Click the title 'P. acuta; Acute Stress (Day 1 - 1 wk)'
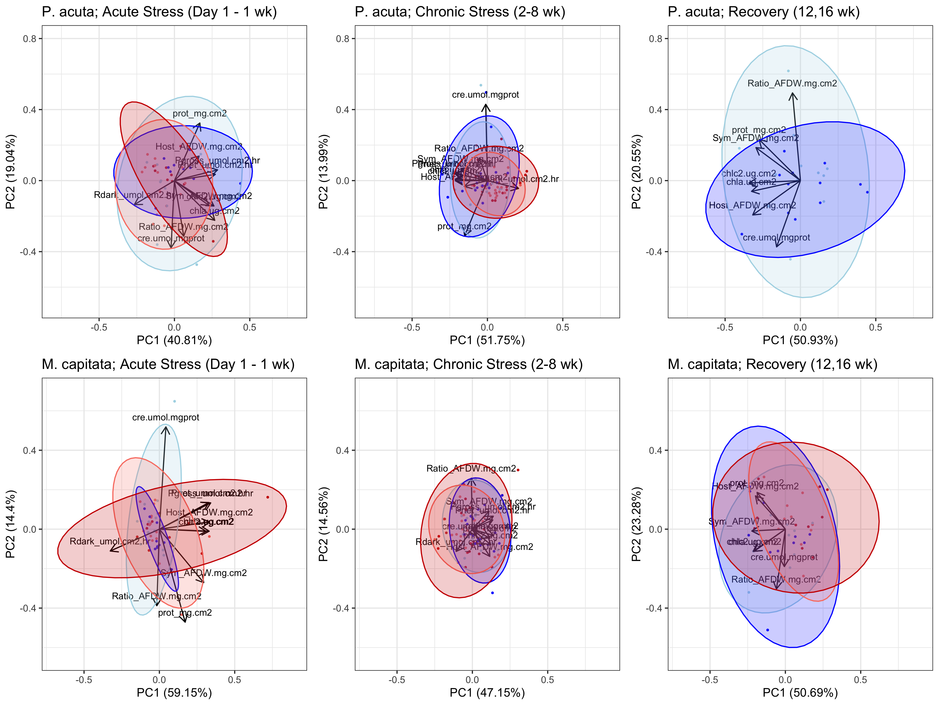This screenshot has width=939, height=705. tap(159, 12)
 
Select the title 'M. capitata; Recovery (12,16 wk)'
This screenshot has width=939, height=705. tap(772, 364)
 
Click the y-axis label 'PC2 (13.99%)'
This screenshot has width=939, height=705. tap(323, 172)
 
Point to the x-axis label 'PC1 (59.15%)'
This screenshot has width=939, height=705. tap(174, 693)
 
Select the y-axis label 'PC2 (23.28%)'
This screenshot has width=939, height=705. tap(636, 524)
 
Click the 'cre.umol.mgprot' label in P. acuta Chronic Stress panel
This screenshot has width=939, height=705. tap(485, 95)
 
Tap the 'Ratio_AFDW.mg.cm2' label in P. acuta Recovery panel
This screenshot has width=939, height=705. tap(792, 83)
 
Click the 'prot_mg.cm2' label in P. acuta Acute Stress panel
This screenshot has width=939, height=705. tap(200, 114)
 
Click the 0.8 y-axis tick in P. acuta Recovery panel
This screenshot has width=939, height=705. tap(655, 39)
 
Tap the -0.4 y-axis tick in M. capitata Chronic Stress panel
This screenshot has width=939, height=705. tap(341, 608)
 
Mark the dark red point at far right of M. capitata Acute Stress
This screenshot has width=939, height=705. tap(267, 497)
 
